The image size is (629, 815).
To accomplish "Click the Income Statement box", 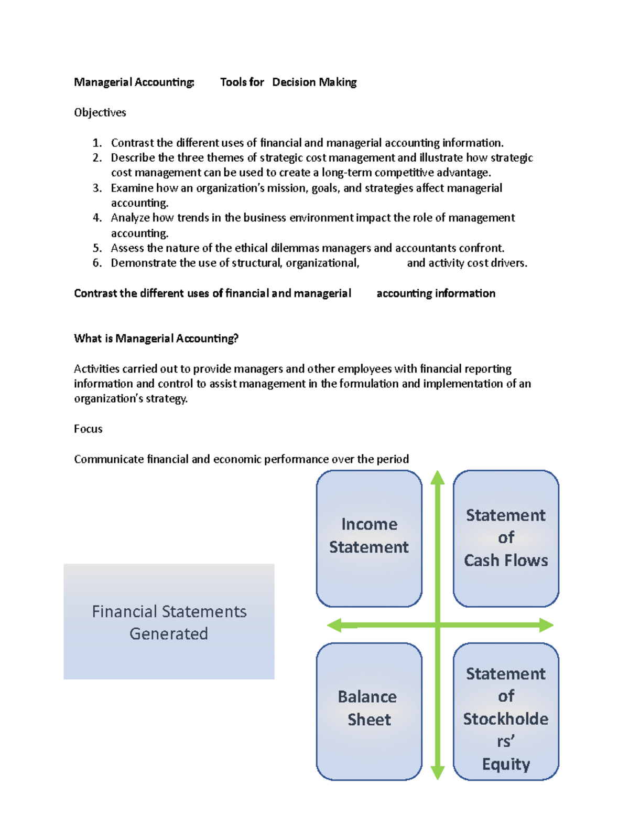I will click(x=369, y=538).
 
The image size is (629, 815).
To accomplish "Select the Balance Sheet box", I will click(x=369, y=711).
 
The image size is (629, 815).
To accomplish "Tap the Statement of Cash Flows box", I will click(x=506, y=538).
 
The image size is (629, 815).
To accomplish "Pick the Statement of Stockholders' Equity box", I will click(x=506, y=711).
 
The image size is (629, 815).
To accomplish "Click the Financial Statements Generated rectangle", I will click(x=169, y=621).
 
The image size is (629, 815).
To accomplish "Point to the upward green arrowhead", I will click(x=438, y=477).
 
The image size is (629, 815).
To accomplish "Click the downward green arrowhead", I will click(x=438, y=772).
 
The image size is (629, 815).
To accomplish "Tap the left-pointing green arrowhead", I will click(x=334, y=625).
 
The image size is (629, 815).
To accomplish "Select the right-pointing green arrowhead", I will click(x=546, y=625).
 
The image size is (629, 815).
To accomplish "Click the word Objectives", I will click(x=100, y=112).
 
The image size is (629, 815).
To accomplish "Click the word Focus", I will click(x=88, y=429).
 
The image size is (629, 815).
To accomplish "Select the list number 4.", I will click(x=97, y=218).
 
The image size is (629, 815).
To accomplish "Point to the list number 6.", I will click(x=97, y=263).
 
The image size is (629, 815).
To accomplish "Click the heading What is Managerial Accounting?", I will click(x=156, y=338).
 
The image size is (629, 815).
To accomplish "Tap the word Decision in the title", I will click(x=294, y=82).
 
